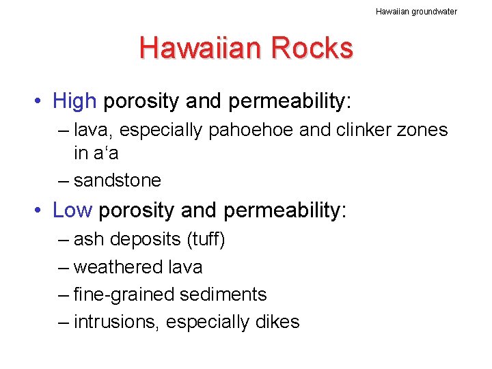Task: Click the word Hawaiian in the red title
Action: pos(200,49)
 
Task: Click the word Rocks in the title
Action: pos(312,49)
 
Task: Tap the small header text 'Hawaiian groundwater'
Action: pos(416,11)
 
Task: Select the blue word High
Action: pos(74,102)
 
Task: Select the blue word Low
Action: pos(72,210)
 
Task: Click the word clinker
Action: pos(349,130)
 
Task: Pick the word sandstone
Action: pos(118,180)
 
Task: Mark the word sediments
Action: pos(223,295)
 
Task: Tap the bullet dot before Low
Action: pos(41,211)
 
